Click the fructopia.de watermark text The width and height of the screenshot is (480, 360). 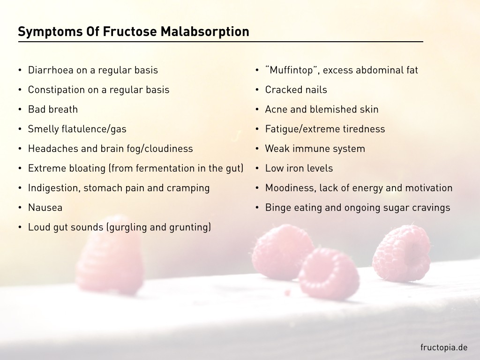[443, 347]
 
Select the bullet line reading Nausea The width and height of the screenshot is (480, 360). [45, 208]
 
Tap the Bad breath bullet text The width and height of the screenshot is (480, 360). [52, 110]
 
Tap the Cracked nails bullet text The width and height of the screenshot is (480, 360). [296, 90]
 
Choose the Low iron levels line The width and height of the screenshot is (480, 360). [299, 168]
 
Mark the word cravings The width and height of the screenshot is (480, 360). [430, 208]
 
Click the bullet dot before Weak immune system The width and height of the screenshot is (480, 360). [257, 149]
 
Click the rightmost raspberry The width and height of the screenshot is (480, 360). [402, 254]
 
